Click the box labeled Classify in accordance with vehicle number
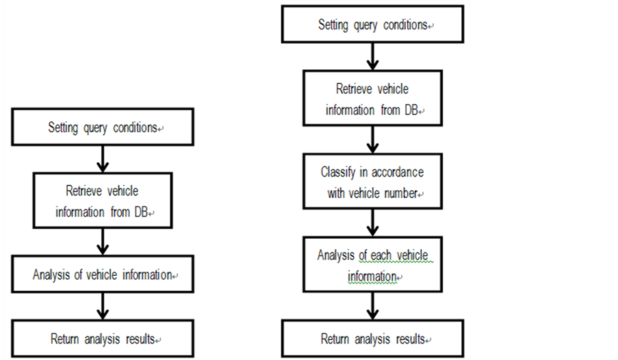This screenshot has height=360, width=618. [x=372, y=182]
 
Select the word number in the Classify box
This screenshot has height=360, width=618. [x=400, y=194]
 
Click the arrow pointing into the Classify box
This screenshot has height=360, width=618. [x=372, y=142]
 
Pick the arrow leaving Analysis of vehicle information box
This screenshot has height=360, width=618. [x=103, y=304]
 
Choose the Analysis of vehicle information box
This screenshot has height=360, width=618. [x=103, y=275]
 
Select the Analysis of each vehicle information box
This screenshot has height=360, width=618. [x=372, y=266]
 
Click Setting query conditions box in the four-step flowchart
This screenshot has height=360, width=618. [x=103, y=128]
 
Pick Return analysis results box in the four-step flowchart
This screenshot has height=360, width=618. [x=103, y=339]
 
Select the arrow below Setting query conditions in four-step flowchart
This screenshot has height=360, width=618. [x=103, y=158]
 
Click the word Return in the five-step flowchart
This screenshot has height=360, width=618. [x=335, y=339]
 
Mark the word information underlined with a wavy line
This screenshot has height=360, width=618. [x=372, y=277]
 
